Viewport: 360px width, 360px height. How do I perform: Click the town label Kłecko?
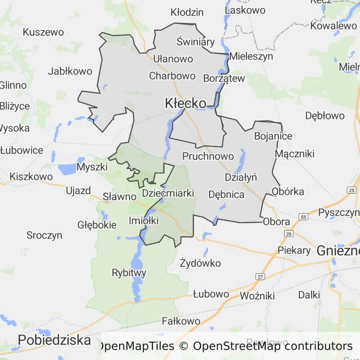186,104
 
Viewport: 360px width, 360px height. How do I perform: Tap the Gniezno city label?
338,250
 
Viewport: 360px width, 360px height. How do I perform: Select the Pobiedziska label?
54,340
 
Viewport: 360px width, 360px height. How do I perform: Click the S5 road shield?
304,217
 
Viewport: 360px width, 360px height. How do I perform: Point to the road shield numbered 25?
352,190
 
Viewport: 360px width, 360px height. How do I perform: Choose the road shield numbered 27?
260,277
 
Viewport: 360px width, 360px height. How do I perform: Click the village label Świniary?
195,42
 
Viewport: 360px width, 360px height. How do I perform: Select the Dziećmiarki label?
168,193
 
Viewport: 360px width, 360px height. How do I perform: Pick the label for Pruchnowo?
208,156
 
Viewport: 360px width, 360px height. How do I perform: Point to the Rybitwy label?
129,273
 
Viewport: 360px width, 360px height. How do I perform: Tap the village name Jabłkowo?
70,72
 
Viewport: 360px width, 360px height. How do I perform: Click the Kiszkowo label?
31,177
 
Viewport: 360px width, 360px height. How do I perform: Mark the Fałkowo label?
180,322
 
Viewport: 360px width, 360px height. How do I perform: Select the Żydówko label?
200,263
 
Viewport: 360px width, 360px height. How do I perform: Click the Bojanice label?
273,136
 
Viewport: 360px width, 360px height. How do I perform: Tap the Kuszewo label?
43,32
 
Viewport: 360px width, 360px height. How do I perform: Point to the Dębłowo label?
325,115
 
